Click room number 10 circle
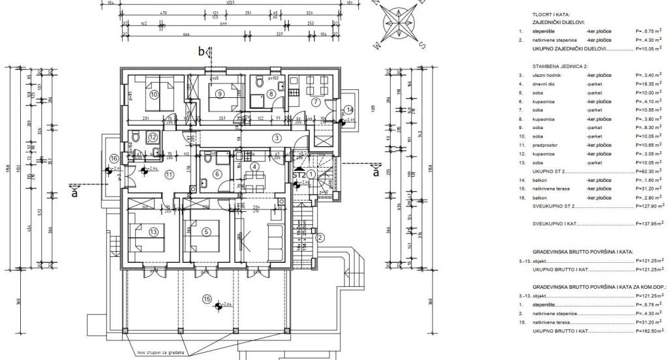(x=154, y=94)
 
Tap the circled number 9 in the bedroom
(x=220, y=94)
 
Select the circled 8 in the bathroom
(x=271, y=94)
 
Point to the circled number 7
(x=315, y=102)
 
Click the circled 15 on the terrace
(x=207, y=301)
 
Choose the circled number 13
(x=154, y=232)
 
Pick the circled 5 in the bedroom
(x=206, y=232)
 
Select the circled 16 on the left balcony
(x=114, y=158)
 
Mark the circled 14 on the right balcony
(x=349, y=110)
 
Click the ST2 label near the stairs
(x=299, y=175)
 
